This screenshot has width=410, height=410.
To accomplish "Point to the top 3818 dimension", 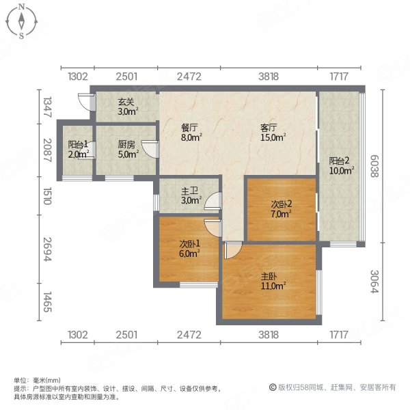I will [x=268, y=76].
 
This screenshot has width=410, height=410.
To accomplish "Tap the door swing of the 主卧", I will [x=231, y=250].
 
